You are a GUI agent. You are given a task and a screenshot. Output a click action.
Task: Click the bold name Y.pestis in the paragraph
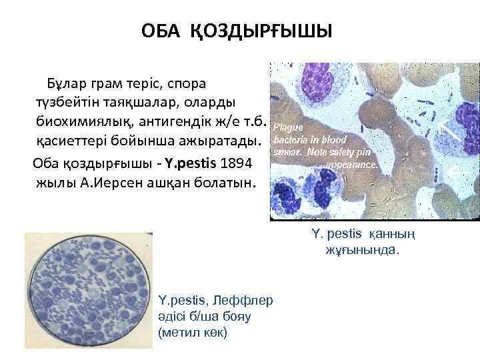191,163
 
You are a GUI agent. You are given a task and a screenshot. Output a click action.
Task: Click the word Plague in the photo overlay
289,127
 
